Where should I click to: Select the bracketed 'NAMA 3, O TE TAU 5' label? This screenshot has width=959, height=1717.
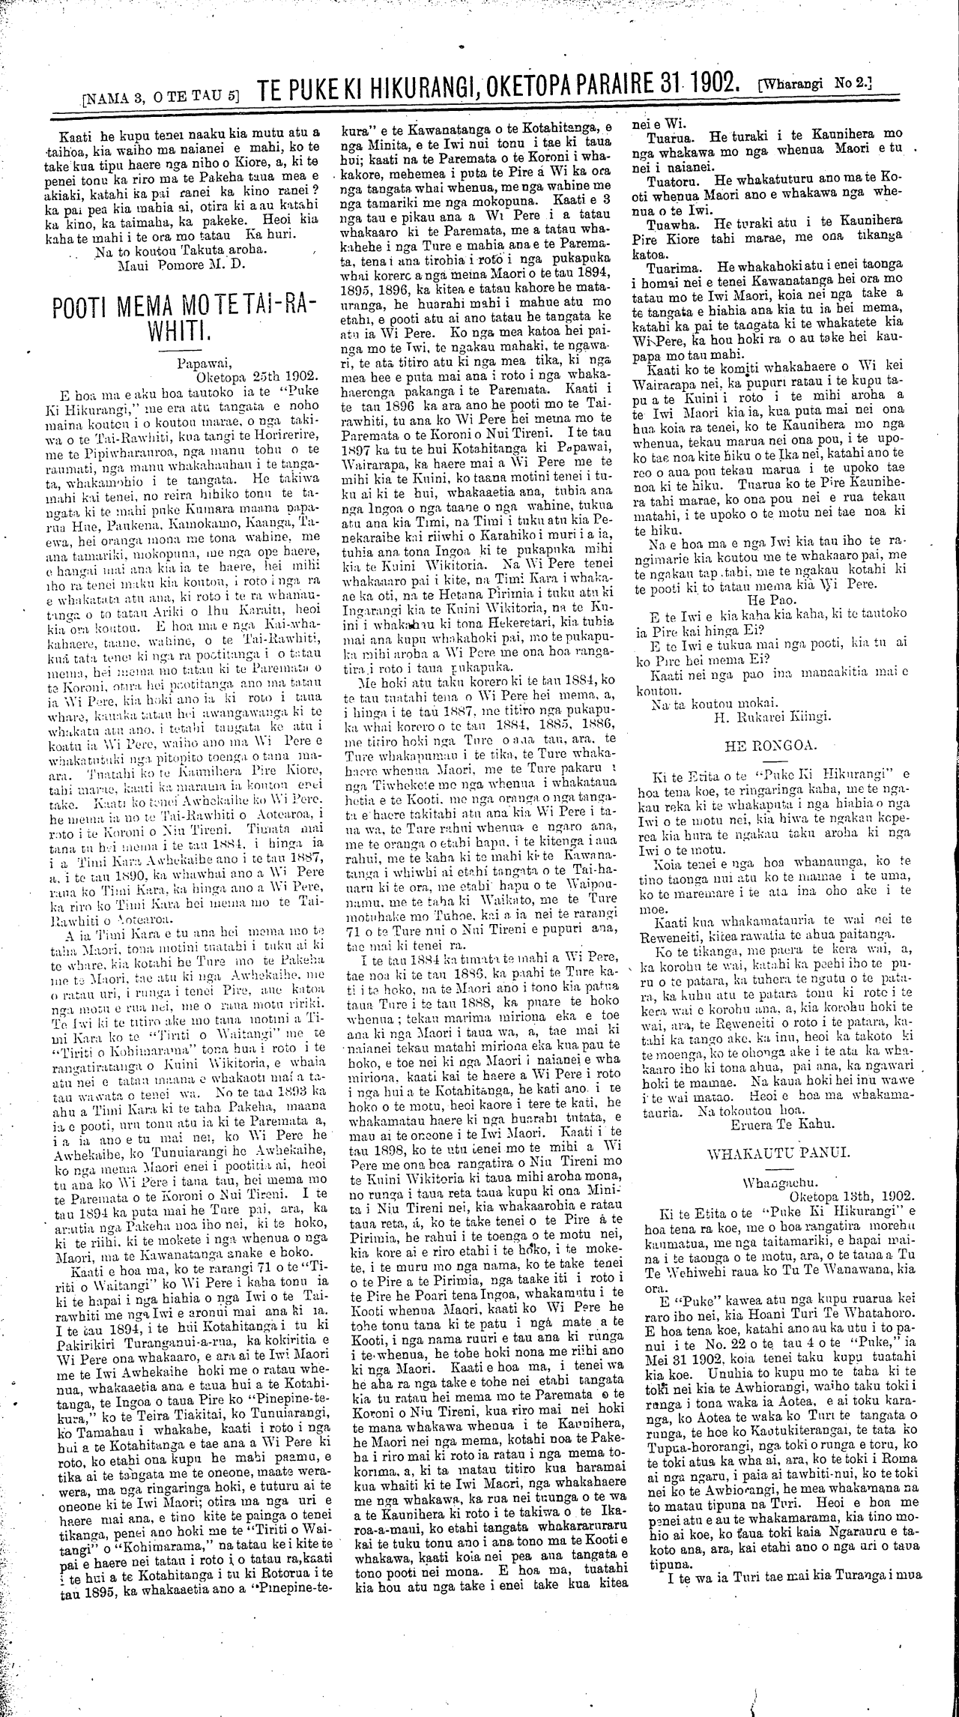(x=162, y=94)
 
